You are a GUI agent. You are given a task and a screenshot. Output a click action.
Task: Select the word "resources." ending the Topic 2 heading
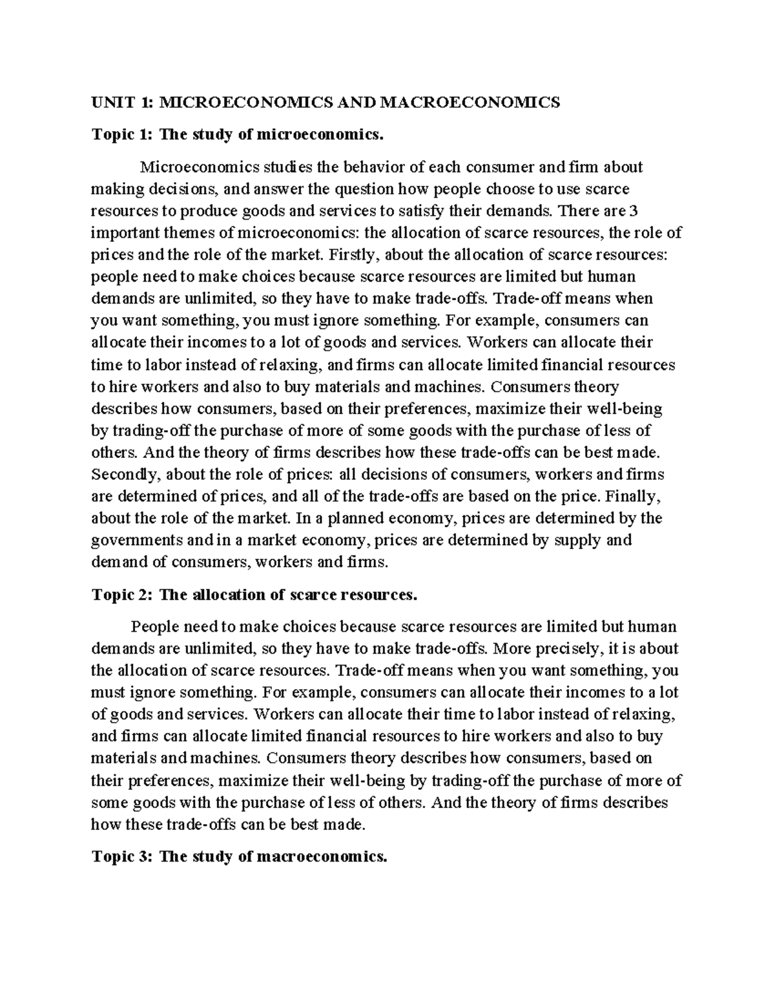pos(380,595)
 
